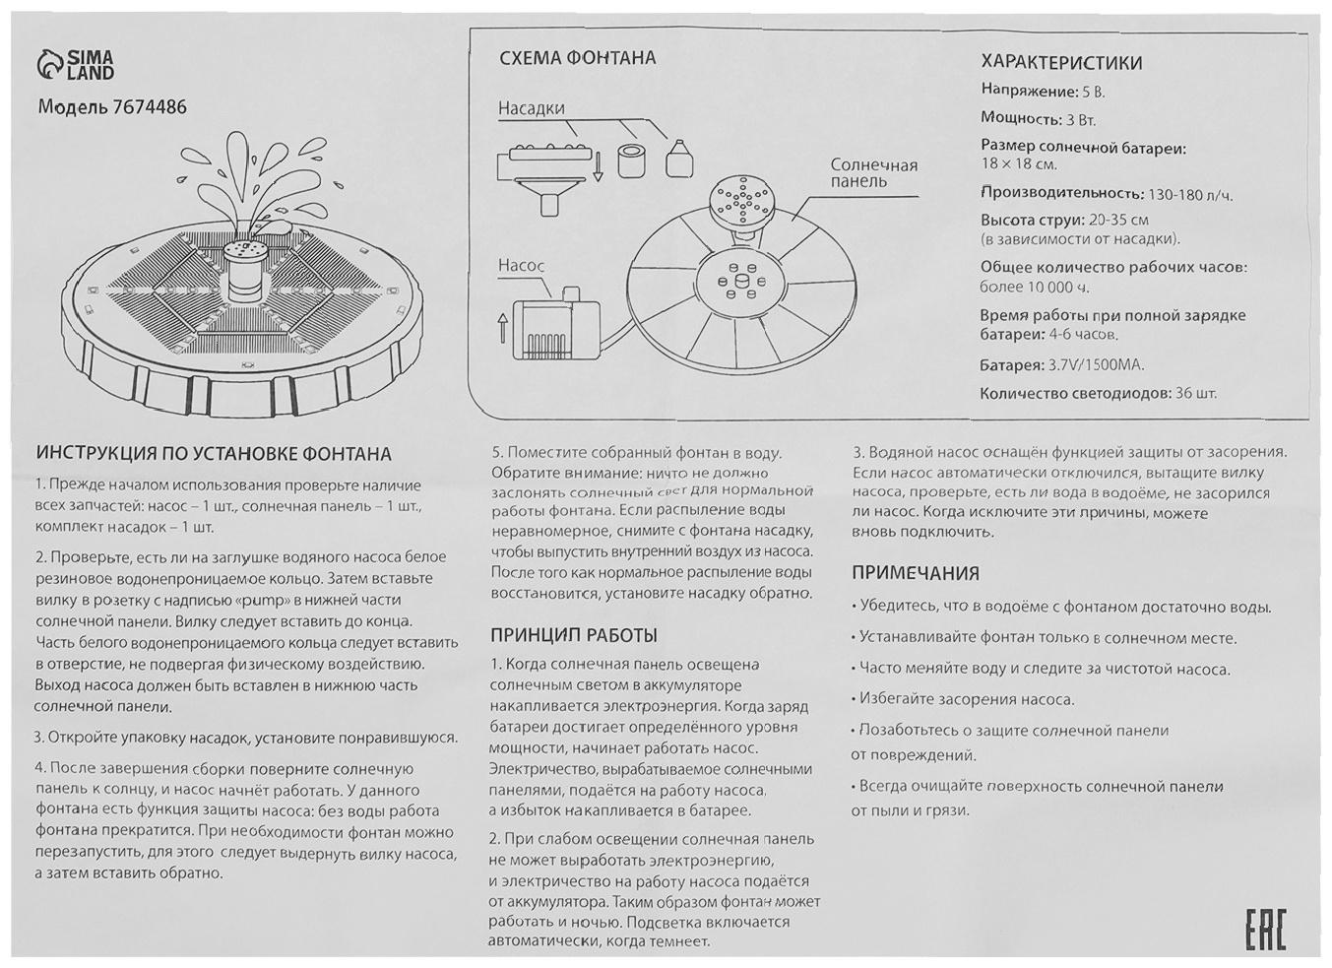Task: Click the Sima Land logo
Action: [76, 66]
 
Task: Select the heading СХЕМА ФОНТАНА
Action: [577, 58]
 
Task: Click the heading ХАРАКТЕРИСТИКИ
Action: [1061, 63]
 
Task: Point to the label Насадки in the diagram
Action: [531, 108]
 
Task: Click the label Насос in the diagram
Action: [521, 266]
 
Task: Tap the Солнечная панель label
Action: [872, 172]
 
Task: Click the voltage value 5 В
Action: [1093, 92]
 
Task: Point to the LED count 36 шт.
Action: [1195, 394]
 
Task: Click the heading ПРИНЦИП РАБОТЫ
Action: [573, 635]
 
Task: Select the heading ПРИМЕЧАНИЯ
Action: [915, 573]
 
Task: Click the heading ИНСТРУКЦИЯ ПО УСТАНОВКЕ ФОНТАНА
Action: [214, 454]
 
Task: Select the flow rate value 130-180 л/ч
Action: [1189, 195]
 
